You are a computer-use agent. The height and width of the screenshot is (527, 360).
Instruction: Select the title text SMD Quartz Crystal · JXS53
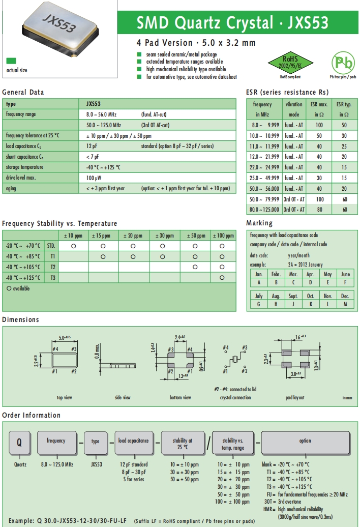[232, 23]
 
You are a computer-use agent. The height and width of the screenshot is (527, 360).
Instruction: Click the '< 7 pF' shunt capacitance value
[93, 157]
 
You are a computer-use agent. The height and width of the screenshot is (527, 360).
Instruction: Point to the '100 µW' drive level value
[94, 178]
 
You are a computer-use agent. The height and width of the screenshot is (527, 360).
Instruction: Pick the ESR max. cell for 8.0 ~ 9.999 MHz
[319, 125]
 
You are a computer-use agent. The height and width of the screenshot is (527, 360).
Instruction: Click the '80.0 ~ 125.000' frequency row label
[264, 209]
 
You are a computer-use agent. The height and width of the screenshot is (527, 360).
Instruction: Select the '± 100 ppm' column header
[223, 236]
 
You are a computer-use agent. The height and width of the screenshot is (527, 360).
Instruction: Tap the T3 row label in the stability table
[53, 278]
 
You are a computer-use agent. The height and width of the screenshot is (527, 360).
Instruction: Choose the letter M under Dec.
[345, 304]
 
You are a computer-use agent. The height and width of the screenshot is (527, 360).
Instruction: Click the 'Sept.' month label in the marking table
[293, 296]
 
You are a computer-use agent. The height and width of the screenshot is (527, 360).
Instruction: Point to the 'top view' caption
[64, 398]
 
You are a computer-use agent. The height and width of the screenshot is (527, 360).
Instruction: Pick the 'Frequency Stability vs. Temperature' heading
[59, 223]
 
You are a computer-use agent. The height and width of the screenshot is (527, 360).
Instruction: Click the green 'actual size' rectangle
[11, 60]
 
